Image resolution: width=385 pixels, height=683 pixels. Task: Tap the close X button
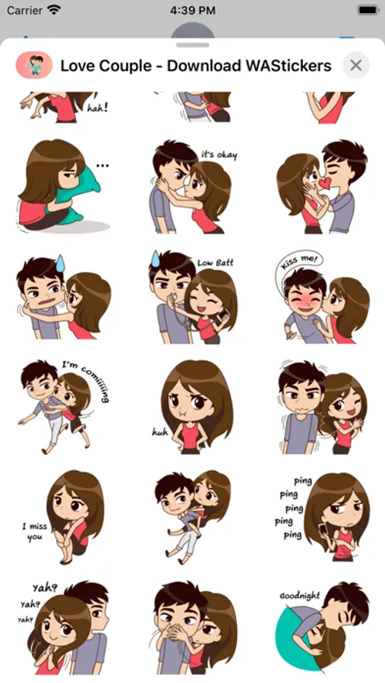click(356, 65)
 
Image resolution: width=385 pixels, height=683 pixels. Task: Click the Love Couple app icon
click(34, 65)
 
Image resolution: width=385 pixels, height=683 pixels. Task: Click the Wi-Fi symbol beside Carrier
click(54, 11)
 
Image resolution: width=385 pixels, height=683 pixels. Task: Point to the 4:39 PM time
click(192, 11)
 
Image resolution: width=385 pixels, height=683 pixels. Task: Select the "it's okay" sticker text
click(219, 155)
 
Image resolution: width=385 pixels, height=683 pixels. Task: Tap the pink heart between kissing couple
click(324, 184)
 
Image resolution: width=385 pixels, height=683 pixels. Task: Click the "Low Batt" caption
click(216, 263)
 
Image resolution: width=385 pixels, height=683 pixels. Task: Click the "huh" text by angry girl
click(160, 432)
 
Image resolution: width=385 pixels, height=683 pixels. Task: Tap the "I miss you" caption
click(35, 531)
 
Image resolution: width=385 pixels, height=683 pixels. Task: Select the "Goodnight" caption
click(300, 596)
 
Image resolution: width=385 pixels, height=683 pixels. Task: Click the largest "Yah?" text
click(45, 588)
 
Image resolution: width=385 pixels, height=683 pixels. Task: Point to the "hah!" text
click(97, 108)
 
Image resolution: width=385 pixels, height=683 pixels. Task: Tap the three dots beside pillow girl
click(103, 165)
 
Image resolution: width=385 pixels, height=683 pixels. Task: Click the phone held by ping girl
click(322, 530)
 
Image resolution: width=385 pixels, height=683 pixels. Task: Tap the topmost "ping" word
click(302, 481)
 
